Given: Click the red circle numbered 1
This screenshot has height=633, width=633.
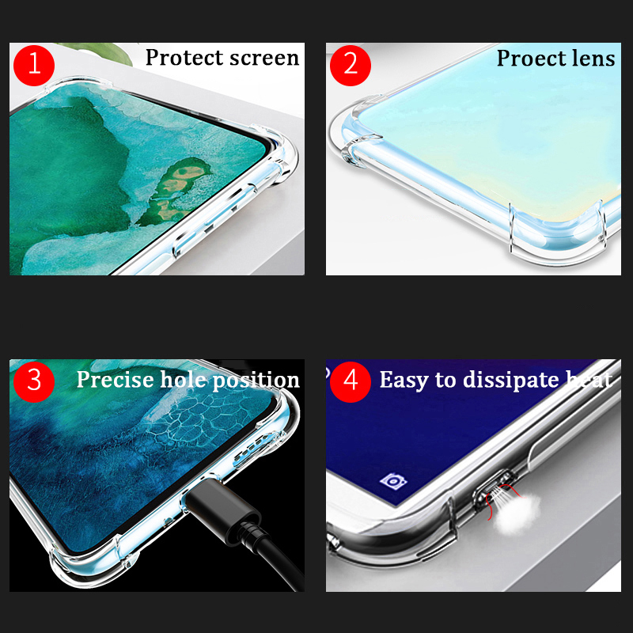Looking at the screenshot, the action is [x=34, y=65].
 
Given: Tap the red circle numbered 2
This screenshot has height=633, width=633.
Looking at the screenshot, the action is [x=351, y=65].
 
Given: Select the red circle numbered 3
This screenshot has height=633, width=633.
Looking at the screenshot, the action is [x=34, y=381].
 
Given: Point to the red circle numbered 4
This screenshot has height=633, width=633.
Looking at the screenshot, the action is [x=351, y=381].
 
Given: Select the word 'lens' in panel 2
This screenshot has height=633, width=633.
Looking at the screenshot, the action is [x=594, y=59].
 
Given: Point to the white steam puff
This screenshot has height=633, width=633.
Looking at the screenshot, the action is [x=517, y=511].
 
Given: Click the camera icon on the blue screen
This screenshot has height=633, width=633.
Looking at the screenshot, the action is [x=393, y=481].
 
